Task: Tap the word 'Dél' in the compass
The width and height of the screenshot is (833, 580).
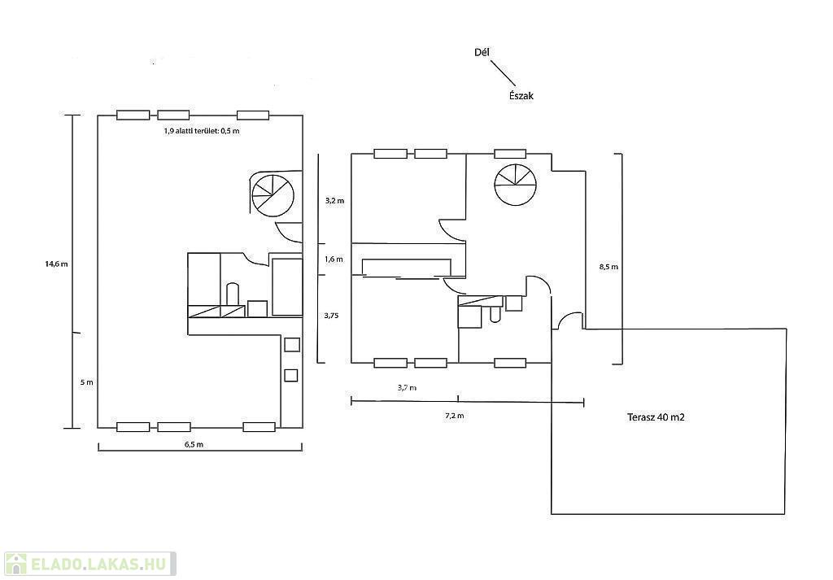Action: click(482, 52)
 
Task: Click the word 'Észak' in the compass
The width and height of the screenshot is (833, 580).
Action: click(517, 95)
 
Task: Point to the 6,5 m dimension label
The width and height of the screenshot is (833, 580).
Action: click(194, 444)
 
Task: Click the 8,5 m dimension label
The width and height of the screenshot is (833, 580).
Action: click(608, 266)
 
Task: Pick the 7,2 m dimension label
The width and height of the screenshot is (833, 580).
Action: click(454, 416)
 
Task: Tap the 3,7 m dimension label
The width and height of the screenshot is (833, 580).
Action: click(407, 388)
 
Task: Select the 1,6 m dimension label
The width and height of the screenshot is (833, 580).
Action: click(334, 259)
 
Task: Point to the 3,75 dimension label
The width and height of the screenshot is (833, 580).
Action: click(331, 315)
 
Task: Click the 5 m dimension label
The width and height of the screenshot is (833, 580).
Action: click(87, 382)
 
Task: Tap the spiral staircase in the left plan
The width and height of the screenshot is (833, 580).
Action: click(273, 195)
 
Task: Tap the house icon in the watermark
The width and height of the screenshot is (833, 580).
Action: click(15, 563)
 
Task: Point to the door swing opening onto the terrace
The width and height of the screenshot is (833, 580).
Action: click(570, 321)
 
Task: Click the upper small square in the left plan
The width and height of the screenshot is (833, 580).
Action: click(291, 345)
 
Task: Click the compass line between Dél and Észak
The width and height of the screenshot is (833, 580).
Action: click(503, 72)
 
